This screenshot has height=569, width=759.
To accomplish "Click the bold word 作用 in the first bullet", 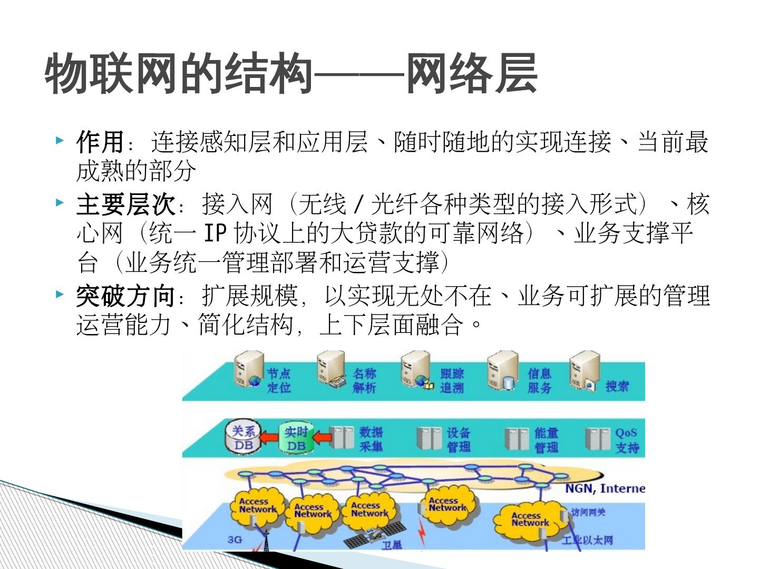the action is [100, 142].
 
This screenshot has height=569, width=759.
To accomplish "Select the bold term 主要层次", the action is [125, 204].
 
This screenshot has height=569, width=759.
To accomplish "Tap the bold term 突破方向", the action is [125, 296].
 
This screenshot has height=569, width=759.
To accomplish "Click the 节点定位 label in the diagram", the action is [279, 380].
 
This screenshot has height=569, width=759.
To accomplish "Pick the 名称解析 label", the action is [364, 380].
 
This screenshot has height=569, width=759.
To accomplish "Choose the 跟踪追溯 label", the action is [452, 381].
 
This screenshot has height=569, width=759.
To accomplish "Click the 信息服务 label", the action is [539, 381].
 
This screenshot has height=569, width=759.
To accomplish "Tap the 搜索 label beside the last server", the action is [617, 386].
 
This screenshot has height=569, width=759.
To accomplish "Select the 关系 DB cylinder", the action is [244, 438].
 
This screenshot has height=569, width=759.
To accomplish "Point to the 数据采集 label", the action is [371, 439].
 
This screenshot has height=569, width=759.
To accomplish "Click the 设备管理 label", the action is [458, 439].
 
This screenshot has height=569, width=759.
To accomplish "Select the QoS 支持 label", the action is [627, 440].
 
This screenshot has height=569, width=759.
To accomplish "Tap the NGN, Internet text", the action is [605, 488].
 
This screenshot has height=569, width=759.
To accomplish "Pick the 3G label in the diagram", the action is [235, 539].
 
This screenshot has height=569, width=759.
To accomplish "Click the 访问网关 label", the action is [588, 513].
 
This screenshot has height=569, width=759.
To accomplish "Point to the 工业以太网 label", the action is [587, 540].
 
